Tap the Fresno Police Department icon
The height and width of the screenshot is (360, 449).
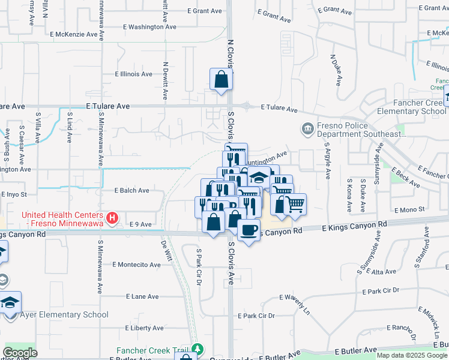(307, 128)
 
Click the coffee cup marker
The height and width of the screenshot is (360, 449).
(249, 229)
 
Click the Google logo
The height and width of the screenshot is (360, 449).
(19, 353)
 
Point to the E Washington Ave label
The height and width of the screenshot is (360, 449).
(149, 27)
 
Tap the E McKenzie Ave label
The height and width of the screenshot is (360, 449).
(74, 34)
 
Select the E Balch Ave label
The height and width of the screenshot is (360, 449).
(131, 190)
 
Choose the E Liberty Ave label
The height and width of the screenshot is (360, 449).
(144, 328)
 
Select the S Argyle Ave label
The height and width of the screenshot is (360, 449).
(328, 160)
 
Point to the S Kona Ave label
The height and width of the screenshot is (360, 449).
(349, 196)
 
